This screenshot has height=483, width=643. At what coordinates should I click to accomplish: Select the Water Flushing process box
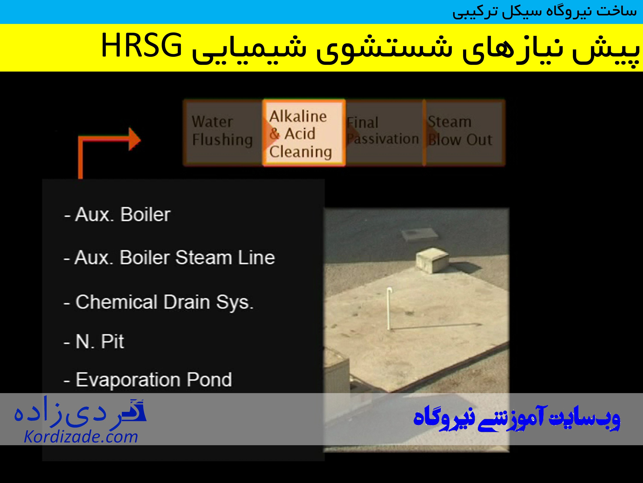coord(222,132)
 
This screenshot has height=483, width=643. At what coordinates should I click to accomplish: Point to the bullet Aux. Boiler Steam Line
coord(169,258)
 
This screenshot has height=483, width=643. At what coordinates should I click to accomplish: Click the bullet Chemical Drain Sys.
coord(159,302)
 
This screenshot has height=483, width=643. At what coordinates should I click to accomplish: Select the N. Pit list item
coord(94,341)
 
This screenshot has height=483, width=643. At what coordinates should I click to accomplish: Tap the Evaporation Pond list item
coord(148,380)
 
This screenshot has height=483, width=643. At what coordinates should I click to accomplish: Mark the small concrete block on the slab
coord(432,260)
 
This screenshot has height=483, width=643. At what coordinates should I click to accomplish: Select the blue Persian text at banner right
coord(517,418)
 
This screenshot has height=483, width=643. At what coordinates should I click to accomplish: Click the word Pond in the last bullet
coord(209,380)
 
